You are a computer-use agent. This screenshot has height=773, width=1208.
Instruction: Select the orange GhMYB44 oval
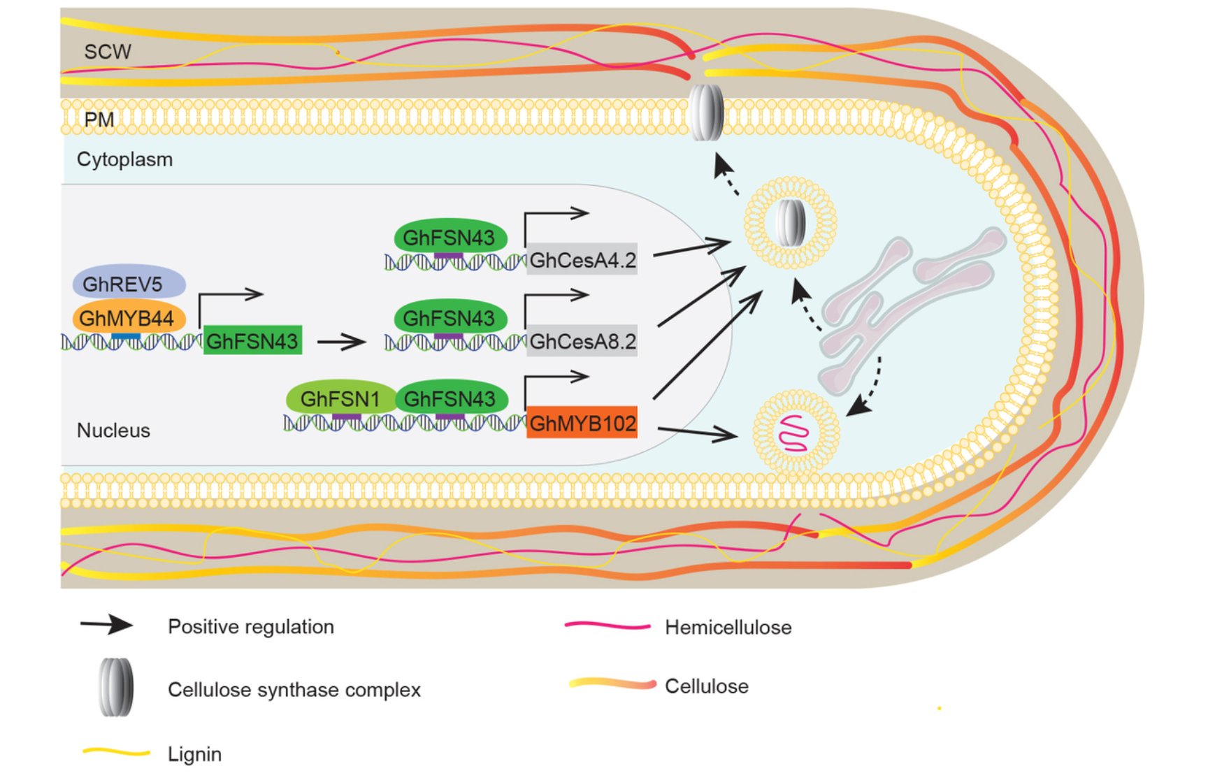click(x=129, y=319)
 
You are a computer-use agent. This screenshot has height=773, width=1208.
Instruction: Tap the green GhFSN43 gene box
click(x=252, y=341)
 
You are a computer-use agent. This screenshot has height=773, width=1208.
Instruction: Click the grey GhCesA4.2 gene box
click(x=582, y=261)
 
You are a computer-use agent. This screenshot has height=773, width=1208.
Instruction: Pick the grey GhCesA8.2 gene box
click(x=582, y=342)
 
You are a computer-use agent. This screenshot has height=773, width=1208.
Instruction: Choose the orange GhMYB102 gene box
click(x=582, y=423)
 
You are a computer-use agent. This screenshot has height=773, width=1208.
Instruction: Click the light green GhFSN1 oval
click(x=340, y=399)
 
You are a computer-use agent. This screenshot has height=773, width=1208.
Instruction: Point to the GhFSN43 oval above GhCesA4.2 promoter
click(x=449, y=238)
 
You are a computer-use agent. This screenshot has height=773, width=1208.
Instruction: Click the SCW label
click(x=107, y=52)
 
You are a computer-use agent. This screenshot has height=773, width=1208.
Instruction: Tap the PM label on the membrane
click(x=99, y=120)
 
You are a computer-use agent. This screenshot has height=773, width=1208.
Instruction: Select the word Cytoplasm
click(x=124, y=159)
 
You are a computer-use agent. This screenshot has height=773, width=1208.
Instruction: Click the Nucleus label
click(x=113, y=431)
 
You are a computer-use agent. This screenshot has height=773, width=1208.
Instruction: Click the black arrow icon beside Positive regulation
click(x=106, y=625)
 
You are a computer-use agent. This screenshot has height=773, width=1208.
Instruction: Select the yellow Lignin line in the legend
click(x=116, y=753)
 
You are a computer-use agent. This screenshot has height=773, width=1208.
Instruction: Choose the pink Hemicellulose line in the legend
click(x=607, y=626)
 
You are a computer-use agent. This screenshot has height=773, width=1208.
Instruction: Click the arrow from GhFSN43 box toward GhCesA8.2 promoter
click(x=341, y=342)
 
